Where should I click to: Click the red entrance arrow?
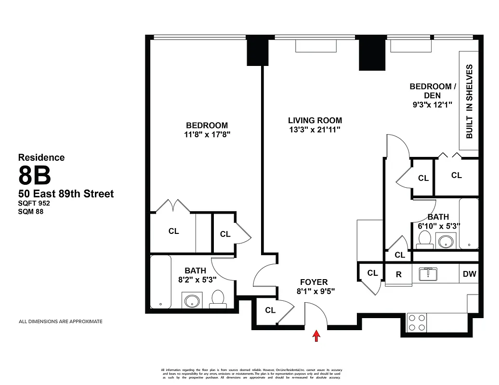coord(316,335)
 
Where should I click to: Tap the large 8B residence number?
coord(35,176)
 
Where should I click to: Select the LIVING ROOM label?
coord(315,120)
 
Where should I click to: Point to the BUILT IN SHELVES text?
coord(470,102)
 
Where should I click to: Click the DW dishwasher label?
coord(469,274)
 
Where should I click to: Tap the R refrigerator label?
coord(399,275)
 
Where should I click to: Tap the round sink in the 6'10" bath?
coord(446,240)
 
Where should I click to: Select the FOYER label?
coord(314,282)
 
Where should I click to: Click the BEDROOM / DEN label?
coord(432,91)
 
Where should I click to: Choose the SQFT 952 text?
coord(34,203)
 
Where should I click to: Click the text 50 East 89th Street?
coord(66,193)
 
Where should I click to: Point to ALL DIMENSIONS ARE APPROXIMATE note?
coord(60,321)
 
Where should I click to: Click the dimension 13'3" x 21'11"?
coord(315,129)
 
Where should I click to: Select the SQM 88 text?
coord(31,210)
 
